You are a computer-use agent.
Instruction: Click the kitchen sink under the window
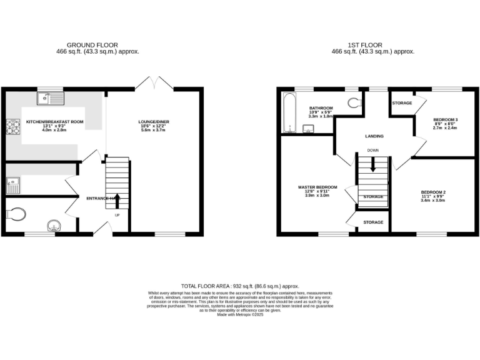[50, 98]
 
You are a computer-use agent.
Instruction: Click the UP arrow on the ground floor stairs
[117, 201]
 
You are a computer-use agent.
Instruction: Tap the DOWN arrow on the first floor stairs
[372, 164]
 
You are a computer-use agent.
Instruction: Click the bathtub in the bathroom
[289, 113]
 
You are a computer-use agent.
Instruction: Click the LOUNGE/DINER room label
[154, 122]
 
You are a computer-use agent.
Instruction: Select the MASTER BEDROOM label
[317, 187]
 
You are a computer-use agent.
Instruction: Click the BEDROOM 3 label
[445, 119]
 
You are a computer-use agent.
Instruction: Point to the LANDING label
[374, 136]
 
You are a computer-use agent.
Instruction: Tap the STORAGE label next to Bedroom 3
[402, 102]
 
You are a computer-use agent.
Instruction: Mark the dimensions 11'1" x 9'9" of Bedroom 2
[432, 196]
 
